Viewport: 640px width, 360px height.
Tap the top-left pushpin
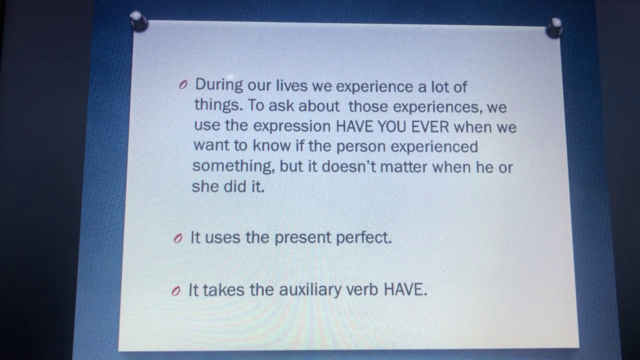click(x=138, y=21)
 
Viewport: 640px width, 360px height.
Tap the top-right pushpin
click(x=554, y=27)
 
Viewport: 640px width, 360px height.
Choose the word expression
click(x=292, y=126)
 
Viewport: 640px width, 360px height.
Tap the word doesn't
click(x=348, y=166)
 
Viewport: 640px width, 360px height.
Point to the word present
click(x=302, y=238)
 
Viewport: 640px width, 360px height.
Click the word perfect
click(x=363, y=237)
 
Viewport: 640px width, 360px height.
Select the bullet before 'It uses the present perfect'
click(x=177, y=239)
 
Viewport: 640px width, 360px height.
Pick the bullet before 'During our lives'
click(x=183, y=85)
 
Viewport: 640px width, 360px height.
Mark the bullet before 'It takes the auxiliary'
click(x=175, y=291)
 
